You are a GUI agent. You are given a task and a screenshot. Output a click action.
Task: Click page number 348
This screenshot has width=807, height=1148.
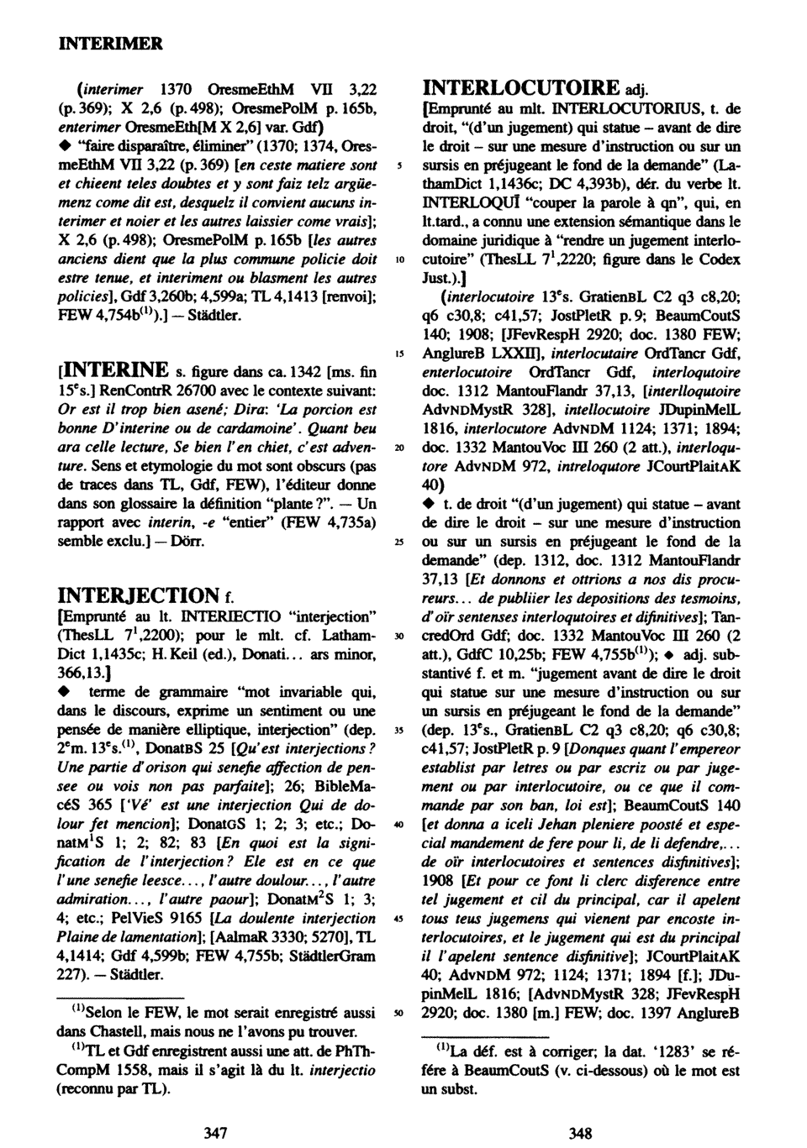click(581, 1133)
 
